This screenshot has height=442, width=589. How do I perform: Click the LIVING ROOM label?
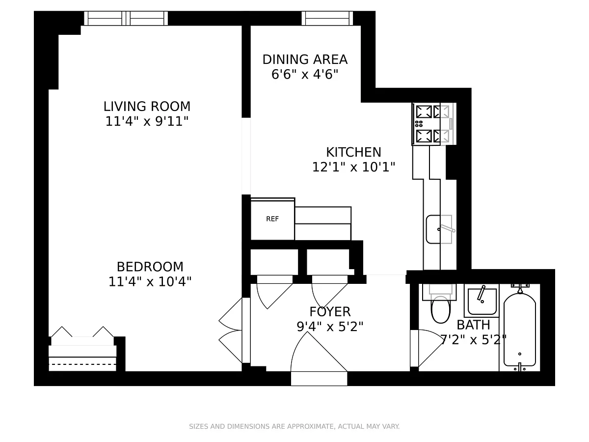147,107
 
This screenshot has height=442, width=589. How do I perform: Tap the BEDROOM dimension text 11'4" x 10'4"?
150,282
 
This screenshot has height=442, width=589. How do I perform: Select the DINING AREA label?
305,59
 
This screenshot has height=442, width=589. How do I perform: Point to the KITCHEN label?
353,152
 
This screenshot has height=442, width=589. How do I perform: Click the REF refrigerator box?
272,219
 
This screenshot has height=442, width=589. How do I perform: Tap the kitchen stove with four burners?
434,124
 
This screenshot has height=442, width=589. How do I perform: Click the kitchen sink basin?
439,229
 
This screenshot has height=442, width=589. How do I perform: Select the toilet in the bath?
440,303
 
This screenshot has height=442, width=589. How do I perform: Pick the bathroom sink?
482,301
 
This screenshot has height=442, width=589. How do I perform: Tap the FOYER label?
330,312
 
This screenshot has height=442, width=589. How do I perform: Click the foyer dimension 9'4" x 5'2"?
330,327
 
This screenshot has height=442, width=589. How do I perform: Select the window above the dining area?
327,18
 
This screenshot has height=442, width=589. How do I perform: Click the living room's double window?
126,18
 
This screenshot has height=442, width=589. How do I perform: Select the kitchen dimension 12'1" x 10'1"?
353,167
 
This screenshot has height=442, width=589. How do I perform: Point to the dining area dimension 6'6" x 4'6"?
305,74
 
